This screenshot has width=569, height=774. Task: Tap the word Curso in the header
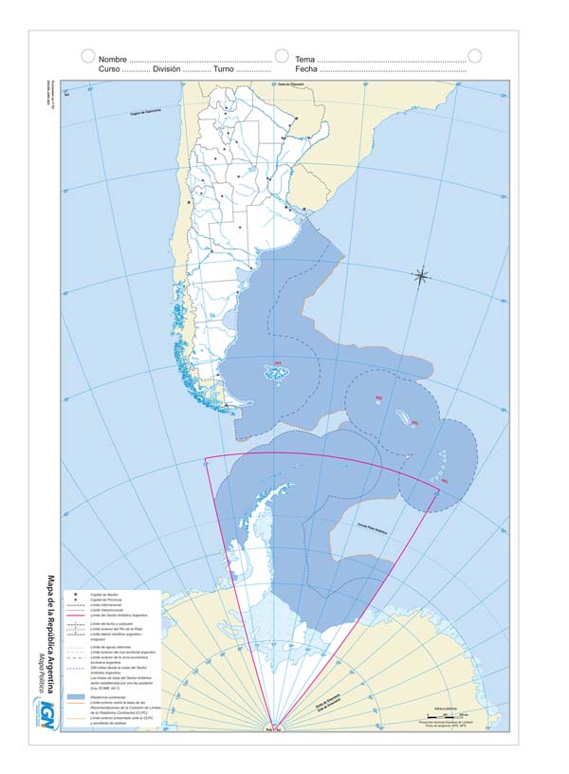[x=109, y=70]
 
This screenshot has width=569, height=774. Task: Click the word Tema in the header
[x=304, y=60]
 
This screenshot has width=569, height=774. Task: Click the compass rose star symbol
[x=422, y=276]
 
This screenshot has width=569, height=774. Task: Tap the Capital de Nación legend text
[x=105, y=594]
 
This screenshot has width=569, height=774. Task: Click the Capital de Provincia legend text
[x=107, y=599]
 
